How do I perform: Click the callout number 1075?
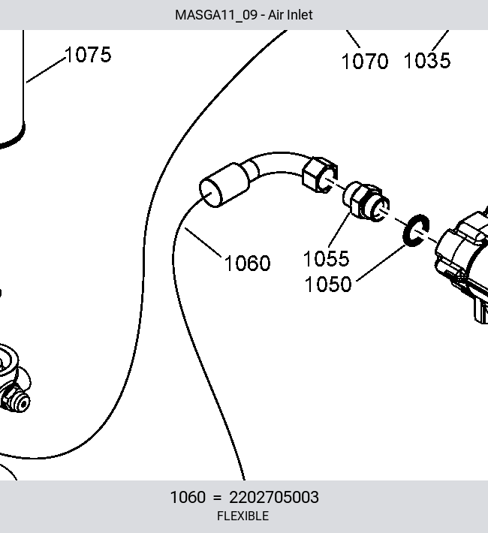(x=88, y=55)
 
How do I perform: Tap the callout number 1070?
(x=365, y=62)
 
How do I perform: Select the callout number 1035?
(x=427, y=61)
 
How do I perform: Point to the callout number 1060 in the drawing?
(x=247, y=263)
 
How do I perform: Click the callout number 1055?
(x=326, y=259)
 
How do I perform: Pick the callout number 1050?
(x=328, y=285)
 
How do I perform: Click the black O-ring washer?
(x=416, y=230)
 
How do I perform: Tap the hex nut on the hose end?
(x=320, y=175)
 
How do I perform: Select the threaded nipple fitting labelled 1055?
(x=366, y=202)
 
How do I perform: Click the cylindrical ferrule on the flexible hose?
(x=224, y=185)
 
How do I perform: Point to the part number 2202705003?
(x=274, y=497)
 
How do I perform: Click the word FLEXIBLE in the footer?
(x=242, y=516)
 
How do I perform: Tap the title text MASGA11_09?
(x=216, y=15)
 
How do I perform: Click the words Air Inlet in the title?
(x=290, y=15)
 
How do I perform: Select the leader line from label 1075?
(x=46, y=70)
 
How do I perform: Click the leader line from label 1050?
(x=381, y=263)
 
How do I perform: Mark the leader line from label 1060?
(x=203, y=242)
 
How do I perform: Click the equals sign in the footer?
(x=217, y=498)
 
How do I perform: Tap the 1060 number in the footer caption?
(x=188, y=497)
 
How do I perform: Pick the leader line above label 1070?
(x=353, y=39)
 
